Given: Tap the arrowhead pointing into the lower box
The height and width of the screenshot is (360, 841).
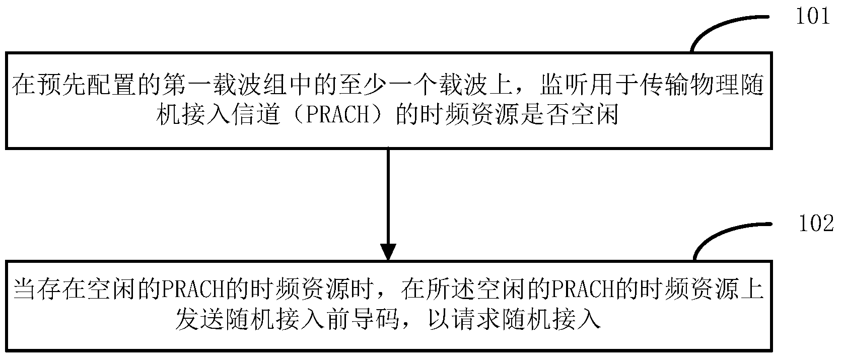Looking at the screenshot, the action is (388, 252).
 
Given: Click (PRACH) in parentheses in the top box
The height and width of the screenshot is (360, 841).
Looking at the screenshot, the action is (338, 114).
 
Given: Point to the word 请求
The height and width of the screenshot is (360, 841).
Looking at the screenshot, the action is (477, 319).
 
